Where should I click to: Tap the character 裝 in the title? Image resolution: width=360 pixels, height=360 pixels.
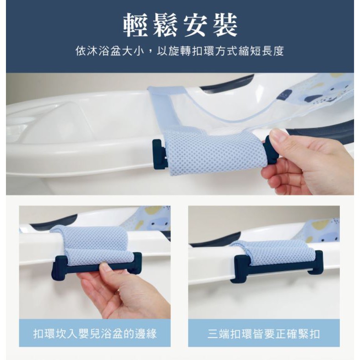(x=225, y=25)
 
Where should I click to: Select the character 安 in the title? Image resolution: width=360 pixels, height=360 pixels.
(x=195, y=25)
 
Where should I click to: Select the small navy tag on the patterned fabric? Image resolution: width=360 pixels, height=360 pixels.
(x=284, y=95)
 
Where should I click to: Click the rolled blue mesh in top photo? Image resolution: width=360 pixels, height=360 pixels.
(x=215, y=151)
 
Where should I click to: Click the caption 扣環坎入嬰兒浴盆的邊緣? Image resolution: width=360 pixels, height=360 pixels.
(x=95, y=333)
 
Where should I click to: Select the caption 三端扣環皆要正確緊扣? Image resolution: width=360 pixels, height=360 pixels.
(x=263, y=333)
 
